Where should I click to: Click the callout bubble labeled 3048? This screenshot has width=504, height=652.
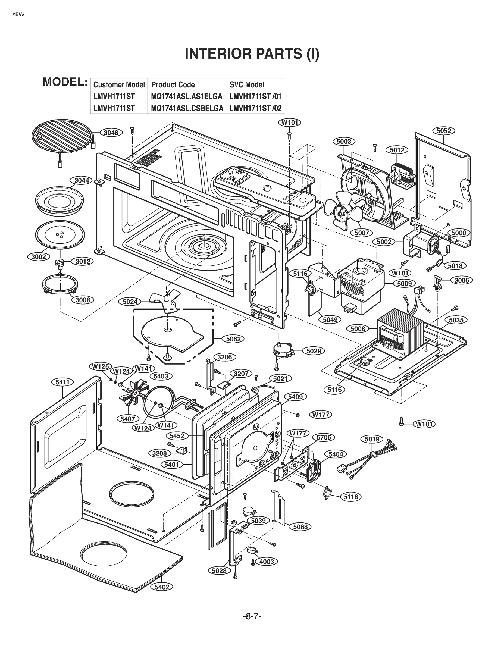111,133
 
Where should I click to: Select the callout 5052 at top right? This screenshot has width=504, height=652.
443,131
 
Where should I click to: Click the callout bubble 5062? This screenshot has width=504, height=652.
233,339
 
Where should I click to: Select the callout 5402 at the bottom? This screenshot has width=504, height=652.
162,587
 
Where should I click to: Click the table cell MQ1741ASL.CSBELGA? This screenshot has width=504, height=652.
187,108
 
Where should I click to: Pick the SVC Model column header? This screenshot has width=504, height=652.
247,85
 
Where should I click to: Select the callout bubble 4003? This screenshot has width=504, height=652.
266,562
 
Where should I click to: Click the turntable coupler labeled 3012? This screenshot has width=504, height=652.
60,262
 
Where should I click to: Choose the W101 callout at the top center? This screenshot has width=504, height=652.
290,123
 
